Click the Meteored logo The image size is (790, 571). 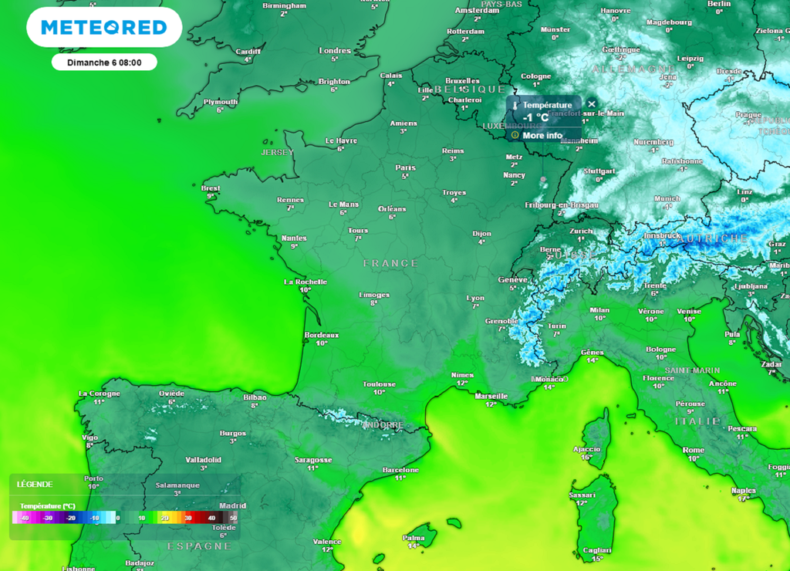[104, 29]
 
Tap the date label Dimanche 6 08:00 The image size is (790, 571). [104, 63]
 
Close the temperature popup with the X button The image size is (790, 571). [592, 104]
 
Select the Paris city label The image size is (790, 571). [405, 167]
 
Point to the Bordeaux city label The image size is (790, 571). [322, 335]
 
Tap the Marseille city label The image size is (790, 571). [491, 396]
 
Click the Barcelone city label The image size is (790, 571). [400, 469]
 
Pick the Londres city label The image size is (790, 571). [335, 51]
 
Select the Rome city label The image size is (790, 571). [694, 450]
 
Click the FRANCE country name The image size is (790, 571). [390, 264]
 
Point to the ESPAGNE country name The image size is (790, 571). [199, 546]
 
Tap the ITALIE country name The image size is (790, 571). [697, 421]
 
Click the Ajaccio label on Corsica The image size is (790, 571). [586, 448]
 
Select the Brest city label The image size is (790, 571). [211, 188]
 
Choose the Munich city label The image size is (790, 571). [667, 198]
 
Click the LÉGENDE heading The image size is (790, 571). [35, 485]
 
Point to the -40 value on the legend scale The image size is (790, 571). [25, 518]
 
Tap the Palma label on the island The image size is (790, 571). [414, 538]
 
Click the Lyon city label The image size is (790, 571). [476, 298]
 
